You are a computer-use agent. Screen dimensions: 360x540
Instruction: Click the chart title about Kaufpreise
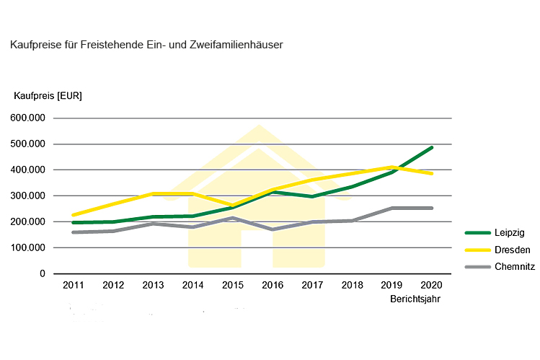pyautogui.click(x=146, y=45)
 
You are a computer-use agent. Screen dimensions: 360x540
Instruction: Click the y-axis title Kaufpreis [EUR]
pyautogui.click(x=48, y=96)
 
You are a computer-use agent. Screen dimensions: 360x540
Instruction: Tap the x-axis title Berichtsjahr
pyautogui.click(x=415, y=298)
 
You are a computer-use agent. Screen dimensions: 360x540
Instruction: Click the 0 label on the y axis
pyautogui.click(x=42, y=274)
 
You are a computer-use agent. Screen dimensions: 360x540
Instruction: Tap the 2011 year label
pyautogui.click(x=73, y=285)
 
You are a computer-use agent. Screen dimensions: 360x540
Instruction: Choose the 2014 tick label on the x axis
pyautogui.click(x=193, y=285)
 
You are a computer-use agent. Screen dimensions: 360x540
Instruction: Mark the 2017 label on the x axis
pyautogui.click(x=313, y=285)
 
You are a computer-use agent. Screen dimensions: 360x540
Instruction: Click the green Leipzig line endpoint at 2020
pyautogui.click(x=432, y=148)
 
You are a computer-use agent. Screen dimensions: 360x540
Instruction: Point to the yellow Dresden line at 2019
pyautogui.click(x=392, y=167)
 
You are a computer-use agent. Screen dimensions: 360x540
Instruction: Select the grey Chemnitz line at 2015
pyautogui.click(x=233, y=218)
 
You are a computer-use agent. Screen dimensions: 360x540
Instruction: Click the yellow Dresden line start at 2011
pyautogui.click(x=74, y=215)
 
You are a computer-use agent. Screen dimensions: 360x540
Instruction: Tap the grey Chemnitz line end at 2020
pyautogui.click(x=432, y=208)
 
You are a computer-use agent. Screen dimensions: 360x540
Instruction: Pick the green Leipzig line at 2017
pyautogui.click(x=313, y=196)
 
